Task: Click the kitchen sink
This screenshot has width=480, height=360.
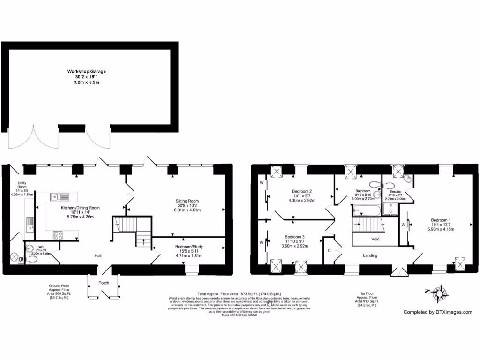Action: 59,197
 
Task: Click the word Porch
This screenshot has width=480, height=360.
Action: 104,283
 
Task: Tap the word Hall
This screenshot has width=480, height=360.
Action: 98,255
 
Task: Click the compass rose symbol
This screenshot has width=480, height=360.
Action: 439,293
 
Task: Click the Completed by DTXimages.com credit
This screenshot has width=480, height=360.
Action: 438,312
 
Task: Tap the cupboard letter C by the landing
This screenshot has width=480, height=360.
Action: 330,250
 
